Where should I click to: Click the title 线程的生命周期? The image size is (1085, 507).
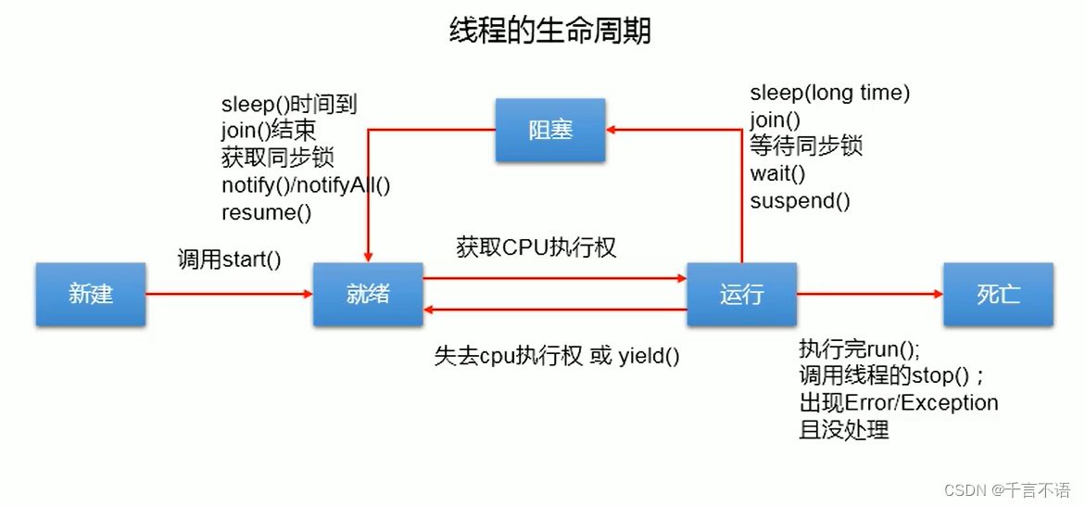pyautogui.click(x=549, y=31)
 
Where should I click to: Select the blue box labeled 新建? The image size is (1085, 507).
pyautogui.click(x=91, y=295)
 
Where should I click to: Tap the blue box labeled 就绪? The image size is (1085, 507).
pyautogui.click(x=368, y=295)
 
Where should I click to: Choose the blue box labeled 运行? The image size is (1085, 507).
pyautogui.click(x=741, y=295)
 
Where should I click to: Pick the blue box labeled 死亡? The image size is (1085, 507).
pyautogui.click(x=998, y=295)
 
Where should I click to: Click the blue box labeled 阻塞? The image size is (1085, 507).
pyautogui.click(x=550, y=130)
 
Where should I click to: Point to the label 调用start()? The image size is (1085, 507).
pyautogui.click(x=230, y=260)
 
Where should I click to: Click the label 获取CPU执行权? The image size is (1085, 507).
pyautogui.click(x=536, y=247)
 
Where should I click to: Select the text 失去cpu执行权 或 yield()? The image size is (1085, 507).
pyautogui.click(x=557, y=356)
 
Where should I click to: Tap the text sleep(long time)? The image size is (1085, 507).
pyautogui.click(x=830, y=93)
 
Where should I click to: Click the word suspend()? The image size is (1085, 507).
pyautogui.click(x=800, y=200)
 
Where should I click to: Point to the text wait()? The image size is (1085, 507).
pyautogui.click(x=777, y=173)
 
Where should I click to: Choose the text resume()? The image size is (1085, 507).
pyautogui.click(x=267, y=211)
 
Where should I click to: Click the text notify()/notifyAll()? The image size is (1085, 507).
pyautogui.click(x=306, y=184)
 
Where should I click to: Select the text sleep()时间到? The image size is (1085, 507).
pyautogui.click(x=289, y=105)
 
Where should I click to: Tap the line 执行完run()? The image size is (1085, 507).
pyautogui.click(x=859, y=349)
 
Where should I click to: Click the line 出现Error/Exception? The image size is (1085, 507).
pyautogui.click(x=899, y=403)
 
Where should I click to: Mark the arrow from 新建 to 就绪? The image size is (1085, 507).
pyautogui.click(x=229, y=295)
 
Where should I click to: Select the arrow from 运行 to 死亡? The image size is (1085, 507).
pyautogui.click(x=869, y=295)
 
